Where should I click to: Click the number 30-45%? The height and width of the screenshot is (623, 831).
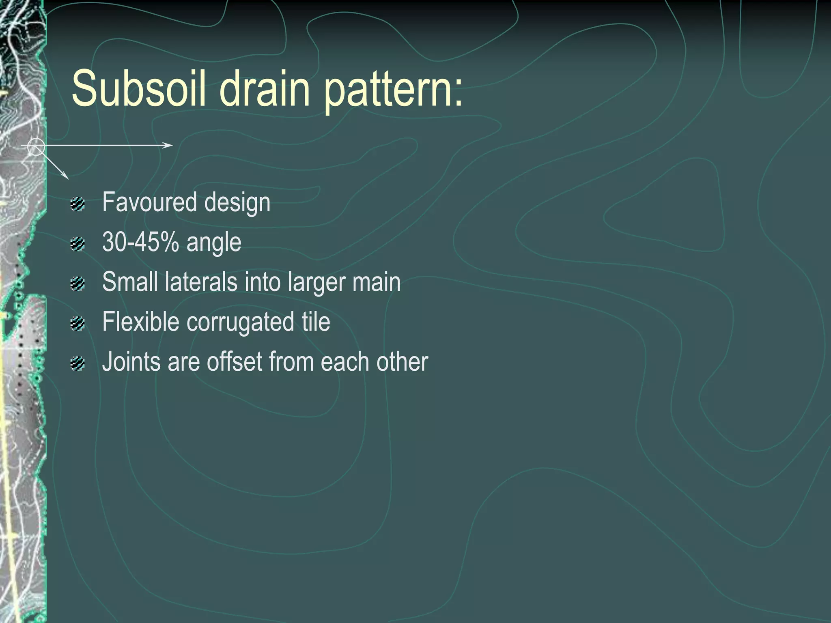click(x=140, y=242)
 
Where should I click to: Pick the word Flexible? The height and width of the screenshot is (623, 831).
click(x=140, y=322)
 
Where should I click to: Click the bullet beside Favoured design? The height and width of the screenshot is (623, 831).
click(x=77, y=204)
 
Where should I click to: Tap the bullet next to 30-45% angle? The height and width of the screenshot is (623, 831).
click(x=77, y=244)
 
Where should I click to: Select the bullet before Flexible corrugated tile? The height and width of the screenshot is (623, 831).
click(x=77, y=324)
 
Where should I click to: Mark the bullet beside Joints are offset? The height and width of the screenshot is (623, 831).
click(x=77, y=363)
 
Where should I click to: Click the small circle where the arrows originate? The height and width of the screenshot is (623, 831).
click(x=36, y=146)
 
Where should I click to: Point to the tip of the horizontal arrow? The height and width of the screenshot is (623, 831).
click(x=172, y=145)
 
